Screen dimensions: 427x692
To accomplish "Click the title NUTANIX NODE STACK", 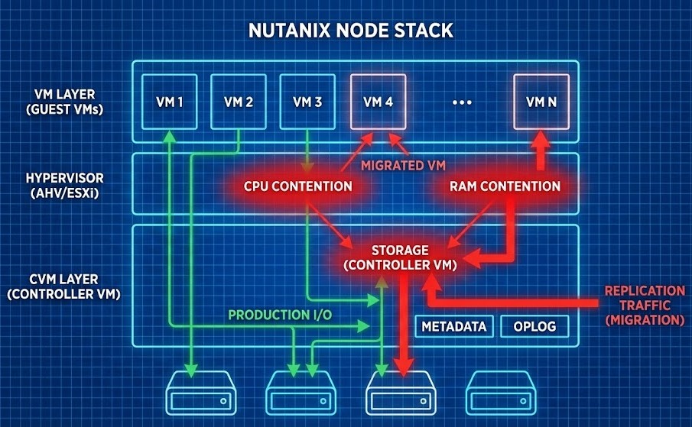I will click(x=351, y=31).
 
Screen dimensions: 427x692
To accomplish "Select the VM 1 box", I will click(x=168, y=101).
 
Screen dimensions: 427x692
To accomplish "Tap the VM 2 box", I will click(x=238, y=101).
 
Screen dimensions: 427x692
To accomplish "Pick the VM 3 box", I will click(x=307, y=101).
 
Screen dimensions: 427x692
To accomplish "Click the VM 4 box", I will click(x=378, y=101).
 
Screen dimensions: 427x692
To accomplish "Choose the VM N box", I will click(x=541, y=101).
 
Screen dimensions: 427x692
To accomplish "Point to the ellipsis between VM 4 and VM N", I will click(x=462, y=102).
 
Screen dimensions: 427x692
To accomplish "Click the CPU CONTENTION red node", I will click(x=298, y=186).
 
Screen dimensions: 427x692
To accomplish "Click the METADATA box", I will click(x=454, y=326).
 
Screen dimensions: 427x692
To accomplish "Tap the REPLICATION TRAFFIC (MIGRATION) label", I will click(x=644, y=306).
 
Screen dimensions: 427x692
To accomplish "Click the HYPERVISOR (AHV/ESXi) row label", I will click(x=64, y=185).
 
